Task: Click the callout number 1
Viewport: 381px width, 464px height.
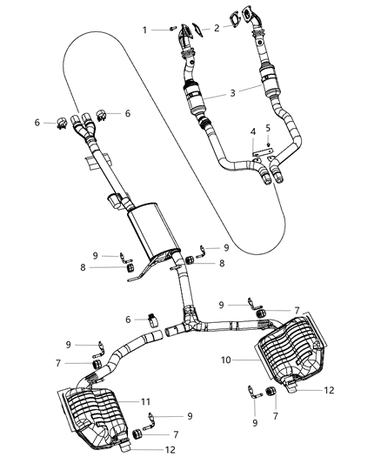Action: coord(144,30)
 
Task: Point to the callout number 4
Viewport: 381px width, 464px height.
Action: coord(253,131)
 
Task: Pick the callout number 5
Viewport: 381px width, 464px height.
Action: coord(269,128)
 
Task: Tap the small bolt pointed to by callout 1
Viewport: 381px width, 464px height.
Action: coord(171,30)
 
